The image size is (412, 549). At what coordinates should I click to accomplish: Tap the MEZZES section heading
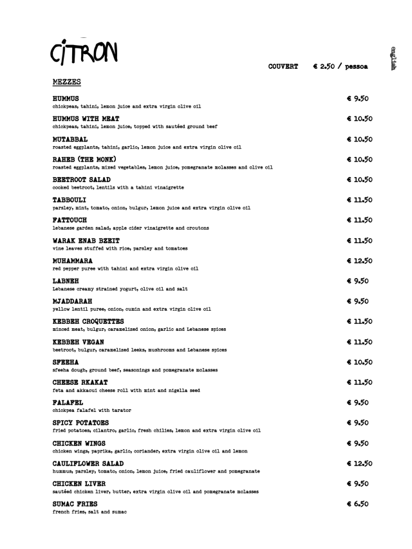coord(67,82)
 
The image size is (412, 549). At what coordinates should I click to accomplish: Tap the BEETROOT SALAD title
coord(81,180)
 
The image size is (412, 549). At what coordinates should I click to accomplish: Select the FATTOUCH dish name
coord(70,220)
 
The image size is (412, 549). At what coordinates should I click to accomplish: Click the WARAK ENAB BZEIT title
coord(87,241)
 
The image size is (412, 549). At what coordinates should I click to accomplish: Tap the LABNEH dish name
coord(66,281)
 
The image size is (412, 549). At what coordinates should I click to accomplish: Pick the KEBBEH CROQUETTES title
coord(88,321)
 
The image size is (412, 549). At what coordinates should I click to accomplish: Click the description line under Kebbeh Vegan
coord(139,349)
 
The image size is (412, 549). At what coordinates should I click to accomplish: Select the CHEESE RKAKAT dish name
coord(81,382)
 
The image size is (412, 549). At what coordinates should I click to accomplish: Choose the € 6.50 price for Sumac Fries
coord(357,504)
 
